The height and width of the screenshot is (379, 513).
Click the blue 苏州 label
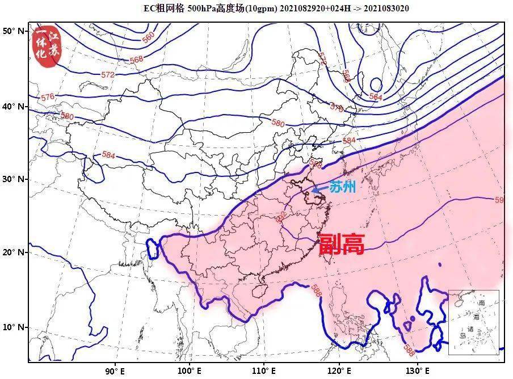coord(342,187)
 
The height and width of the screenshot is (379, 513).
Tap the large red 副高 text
coord(341,244)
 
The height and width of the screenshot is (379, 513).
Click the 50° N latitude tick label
coord(14,31)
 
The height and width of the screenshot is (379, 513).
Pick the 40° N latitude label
coord(14,107)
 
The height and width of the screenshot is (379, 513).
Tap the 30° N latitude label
coord(14,179)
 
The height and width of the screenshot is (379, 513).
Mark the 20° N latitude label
coord(14,252)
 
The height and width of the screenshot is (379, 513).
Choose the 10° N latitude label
coord(14,327)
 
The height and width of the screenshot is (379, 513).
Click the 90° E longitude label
coord(115,371)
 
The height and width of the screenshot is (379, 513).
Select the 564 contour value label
coord(376,97)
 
